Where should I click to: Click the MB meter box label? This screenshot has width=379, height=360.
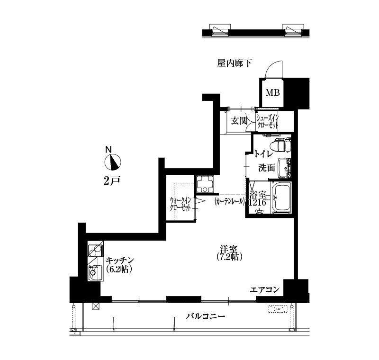(273, 92)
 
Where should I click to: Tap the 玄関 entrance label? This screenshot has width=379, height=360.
(239, 121)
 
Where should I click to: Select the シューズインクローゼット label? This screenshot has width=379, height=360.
(268, 122)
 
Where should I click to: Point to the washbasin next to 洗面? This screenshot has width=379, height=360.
(285, 168)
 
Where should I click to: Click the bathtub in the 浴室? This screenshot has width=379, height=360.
(281, 197)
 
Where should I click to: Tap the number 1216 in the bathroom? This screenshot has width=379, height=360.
(258, 202)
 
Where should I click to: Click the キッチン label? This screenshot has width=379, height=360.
(120, 261)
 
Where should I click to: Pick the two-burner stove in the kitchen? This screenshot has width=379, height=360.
(96, 251)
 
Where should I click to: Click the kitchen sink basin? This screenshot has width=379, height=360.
(95, 273)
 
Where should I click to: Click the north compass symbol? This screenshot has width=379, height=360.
(113, 162)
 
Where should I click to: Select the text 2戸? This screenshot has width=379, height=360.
(112, 180)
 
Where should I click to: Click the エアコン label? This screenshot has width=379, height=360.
(265, 289)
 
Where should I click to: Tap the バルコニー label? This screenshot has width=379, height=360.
(206, 316)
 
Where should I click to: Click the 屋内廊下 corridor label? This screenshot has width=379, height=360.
(234, 63)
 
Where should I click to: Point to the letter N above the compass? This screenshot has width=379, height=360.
(109, 149)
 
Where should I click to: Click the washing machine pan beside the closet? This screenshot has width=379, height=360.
(205, 184)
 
